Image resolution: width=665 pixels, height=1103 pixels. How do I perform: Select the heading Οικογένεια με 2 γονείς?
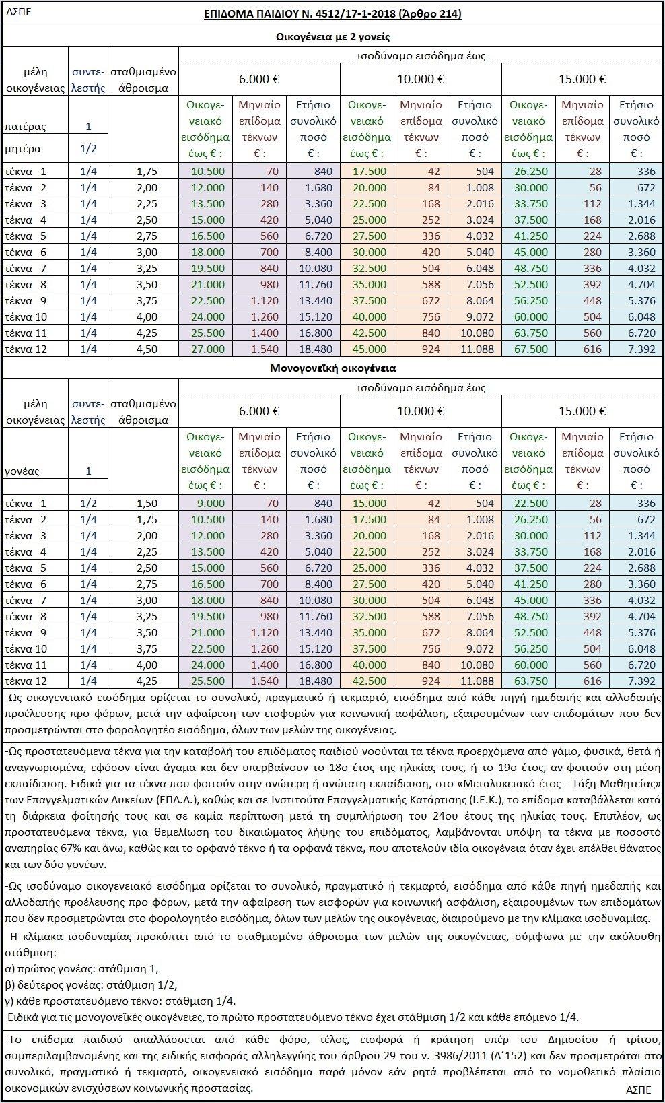[333, 37]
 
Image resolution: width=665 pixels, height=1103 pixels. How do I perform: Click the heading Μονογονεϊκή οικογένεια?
[333, 368]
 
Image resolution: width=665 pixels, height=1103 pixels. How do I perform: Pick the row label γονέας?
[22, 471]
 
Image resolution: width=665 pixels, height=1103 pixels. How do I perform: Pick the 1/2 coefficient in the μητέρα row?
[88, 148]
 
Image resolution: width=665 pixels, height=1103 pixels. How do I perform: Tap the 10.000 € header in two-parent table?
[421, 79]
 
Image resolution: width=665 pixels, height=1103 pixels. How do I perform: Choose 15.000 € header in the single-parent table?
[582, 411]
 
